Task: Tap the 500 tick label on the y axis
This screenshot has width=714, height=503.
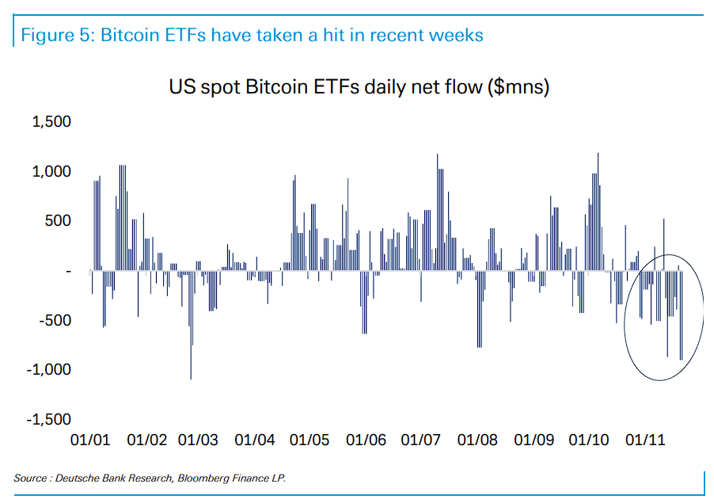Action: point(58,221)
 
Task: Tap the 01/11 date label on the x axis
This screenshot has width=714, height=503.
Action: point(644,440)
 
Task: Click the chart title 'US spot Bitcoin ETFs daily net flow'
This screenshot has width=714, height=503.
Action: point(323,86)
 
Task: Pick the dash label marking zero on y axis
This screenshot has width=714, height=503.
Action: point(68,271)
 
